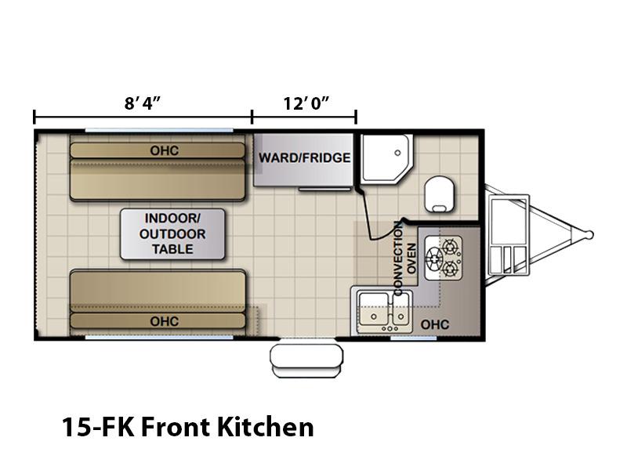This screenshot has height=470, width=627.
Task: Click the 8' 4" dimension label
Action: coord(142,103)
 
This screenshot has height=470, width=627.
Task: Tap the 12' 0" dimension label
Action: coord(306,103)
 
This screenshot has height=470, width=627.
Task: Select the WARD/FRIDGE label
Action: coord(304,158)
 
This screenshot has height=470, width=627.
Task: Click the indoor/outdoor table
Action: coord(172,233)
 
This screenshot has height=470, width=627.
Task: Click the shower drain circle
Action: coord(397,153)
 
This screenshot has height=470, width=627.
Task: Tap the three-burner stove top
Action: coord(443,258)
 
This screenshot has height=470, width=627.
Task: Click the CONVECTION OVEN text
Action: coord(404,258)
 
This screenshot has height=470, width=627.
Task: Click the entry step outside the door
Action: coord(306,360)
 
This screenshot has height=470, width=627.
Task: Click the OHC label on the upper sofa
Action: coord(165,150)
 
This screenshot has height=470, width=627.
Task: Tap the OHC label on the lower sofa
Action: coord(165,321)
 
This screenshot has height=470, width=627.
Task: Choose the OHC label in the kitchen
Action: coord(435,324)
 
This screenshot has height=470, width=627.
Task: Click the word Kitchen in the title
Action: coord(266,427)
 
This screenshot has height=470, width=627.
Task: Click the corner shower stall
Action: coord(386,159)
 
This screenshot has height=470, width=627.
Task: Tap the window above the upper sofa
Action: coord(159,130)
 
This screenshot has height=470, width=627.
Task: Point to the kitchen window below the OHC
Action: coord(413,338)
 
